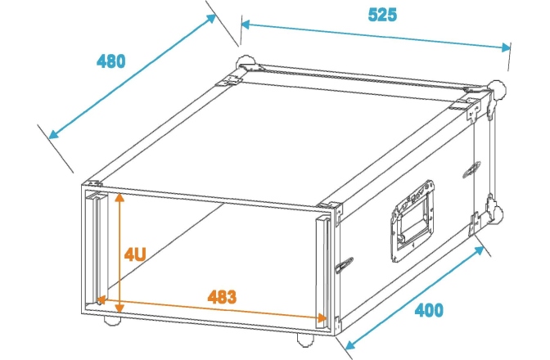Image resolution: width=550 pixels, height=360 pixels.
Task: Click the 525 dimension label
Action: pos(382,15)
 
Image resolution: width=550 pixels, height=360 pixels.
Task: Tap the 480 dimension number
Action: pos(110,61)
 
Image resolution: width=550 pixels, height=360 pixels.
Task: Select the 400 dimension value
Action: pos(429,310)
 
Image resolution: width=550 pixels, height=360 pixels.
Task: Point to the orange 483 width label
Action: pos(222,296)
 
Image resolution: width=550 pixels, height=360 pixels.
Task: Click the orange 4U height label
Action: pos(135,254)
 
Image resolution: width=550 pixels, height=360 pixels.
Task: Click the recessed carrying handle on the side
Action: pos(412,221)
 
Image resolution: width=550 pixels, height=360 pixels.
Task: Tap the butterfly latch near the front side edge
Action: pos(345,264)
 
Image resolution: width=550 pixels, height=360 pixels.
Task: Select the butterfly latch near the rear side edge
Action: pos(471,169)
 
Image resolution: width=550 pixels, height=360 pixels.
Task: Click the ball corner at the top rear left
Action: pos(246,62)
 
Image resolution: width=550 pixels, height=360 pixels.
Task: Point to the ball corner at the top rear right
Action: pos(498,89)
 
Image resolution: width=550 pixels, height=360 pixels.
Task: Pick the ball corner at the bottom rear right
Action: pos(495,213)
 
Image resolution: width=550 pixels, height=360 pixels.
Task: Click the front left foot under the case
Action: pos(112,321)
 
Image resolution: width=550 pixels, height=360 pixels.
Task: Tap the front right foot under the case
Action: pos(305,340)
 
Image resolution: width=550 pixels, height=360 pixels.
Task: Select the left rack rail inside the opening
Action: pos(94,248)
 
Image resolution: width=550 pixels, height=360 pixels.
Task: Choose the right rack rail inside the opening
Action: pos(322,272)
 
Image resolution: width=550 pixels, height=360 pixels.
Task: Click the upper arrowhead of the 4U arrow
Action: pos(119,198)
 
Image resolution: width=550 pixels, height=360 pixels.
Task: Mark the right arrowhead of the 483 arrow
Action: pos(322,317)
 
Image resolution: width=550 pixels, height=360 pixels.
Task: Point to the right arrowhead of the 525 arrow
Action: pos(506,47)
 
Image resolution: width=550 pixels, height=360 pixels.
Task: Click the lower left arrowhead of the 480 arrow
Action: pos(53,134)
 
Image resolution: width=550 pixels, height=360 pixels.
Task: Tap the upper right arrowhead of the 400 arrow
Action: pos(479,250)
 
